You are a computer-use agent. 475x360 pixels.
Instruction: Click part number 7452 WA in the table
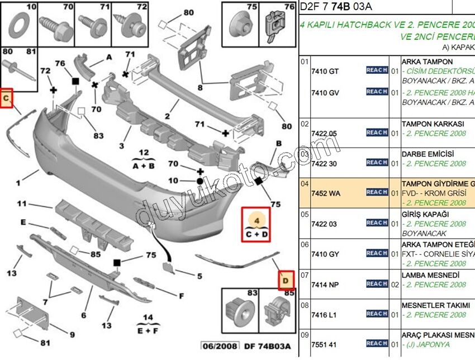324,193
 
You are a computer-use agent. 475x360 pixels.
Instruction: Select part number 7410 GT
325,71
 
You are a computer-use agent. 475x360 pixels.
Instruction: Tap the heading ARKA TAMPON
427,61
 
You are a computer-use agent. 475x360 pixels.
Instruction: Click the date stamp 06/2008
217,347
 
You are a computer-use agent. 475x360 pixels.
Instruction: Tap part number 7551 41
324,344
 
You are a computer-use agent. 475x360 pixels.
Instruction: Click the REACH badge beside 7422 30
377,163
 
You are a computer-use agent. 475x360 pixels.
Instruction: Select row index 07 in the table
305,274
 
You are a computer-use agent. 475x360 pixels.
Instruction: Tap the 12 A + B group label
143,159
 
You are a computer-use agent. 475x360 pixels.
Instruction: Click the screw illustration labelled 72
130,25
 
